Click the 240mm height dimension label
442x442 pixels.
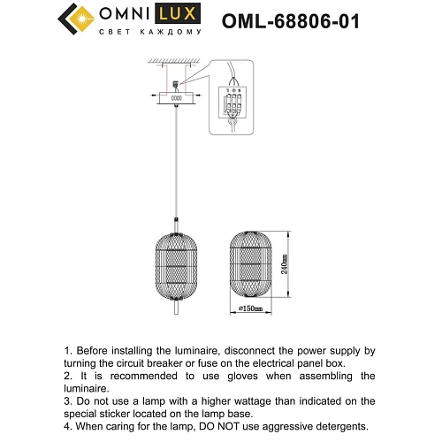click(284, 267)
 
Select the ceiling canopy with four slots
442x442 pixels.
click(176, 100)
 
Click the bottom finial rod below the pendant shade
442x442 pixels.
click(176, 307)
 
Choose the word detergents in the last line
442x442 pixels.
click(345, 426)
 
